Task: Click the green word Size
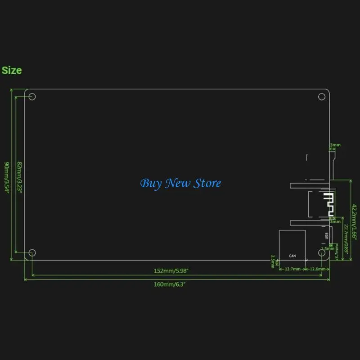coord(12,70)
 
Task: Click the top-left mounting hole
coord(32,97)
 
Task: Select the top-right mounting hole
coord(322,96)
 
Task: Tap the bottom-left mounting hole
coord(32,253)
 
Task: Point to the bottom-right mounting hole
coord(322,253)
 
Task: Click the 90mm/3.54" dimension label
coord(7,176)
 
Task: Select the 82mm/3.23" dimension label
coord(19,176)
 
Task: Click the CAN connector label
coord(292,256)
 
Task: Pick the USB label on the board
coord(325,236)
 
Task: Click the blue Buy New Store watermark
coord(180,184)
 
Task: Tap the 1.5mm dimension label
coord(327,248)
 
